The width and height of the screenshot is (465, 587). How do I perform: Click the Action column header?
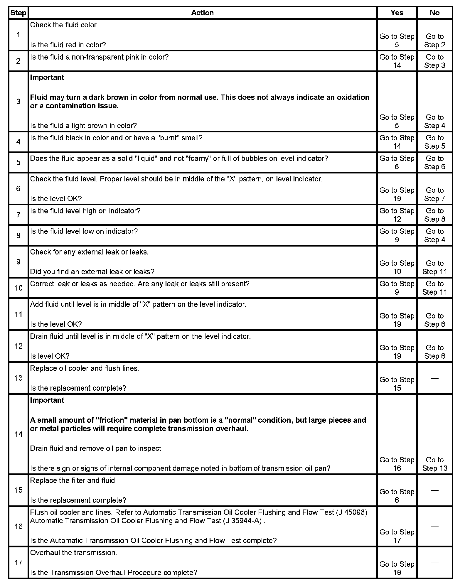(x=202, y=13)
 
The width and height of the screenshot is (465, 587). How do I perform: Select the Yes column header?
(x=397, y=13)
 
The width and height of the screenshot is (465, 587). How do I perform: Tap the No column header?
(x=434, y=13)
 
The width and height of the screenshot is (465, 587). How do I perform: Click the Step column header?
(x=18, y=13)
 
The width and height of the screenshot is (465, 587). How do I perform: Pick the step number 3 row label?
(x=18, y=102)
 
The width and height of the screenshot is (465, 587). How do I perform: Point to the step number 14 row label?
(x=18, y=434)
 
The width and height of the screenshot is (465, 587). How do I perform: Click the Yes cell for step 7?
(x=397, y=215)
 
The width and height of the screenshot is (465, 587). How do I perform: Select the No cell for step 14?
(x=434, y=464)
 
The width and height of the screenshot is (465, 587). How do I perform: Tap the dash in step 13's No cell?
(x=434, y=379)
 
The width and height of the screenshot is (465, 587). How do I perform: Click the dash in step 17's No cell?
(x=434, y=563)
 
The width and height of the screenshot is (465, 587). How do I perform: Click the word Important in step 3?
(x=47, y=77)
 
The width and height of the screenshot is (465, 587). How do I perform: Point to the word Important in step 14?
(x=47, y=400)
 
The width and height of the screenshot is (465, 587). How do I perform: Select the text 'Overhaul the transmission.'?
(x=73, y=553)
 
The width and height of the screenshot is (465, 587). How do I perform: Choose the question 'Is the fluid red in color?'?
(x=68, y=45)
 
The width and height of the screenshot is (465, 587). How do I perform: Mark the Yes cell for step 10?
(x=397, y=288)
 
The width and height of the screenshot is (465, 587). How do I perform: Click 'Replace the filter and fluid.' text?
(x=73, y=480)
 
